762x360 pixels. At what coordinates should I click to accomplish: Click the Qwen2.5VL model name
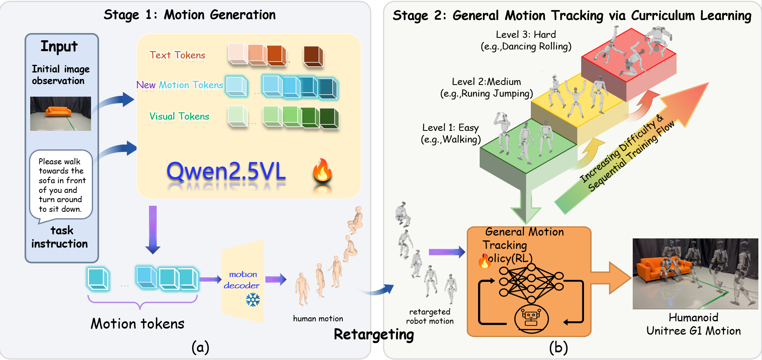[x=226, y=172]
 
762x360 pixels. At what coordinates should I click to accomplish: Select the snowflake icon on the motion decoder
[x=253, y=300]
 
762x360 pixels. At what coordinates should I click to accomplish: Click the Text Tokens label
[x=177, y=55]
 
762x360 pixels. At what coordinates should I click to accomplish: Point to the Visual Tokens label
[x=179, y=116]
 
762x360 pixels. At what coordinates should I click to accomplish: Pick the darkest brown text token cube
[x=313, y=56]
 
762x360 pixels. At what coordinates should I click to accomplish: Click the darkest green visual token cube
[x=329, y=118]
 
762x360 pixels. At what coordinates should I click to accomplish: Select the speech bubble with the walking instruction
[x=61, y=185]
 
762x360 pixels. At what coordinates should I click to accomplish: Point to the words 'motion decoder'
[x=242, y=280]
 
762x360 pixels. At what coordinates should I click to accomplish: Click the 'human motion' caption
[x=318, y=319]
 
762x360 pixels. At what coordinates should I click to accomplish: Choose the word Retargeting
[x=374, y=334]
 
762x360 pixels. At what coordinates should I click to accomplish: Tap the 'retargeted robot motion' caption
[x=430, y=316]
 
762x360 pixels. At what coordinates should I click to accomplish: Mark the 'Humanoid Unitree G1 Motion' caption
[x=694, y=324]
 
